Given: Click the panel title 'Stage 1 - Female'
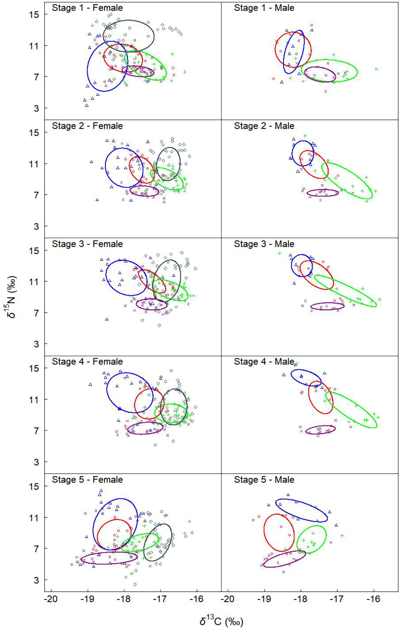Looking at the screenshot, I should (x=87, y=8).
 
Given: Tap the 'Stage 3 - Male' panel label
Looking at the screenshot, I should (x=264, y=244).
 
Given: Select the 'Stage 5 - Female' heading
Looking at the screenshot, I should (x=87, y=479).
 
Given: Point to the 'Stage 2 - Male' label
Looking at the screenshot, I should (x=264, y=126).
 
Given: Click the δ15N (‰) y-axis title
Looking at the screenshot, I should (x=11, y=297).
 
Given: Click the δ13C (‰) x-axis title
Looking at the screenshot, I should (x=221, y=621).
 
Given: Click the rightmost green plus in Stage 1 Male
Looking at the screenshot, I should (x=376, y=69).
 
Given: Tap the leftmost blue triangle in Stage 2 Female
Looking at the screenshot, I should (x=91, y=162).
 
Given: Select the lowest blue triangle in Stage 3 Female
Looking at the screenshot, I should (x=107, y=319).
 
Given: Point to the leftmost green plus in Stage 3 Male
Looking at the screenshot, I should (x=280, y=253).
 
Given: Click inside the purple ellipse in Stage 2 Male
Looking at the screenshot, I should (x=323, y=193).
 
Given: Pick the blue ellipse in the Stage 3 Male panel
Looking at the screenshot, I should (x=302, y=265).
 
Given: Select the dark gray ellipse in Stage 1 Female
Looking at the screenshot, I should (x=128, y=36).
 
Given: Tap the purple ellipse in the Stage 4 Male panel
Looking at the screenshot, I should (x=321, y=430).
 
